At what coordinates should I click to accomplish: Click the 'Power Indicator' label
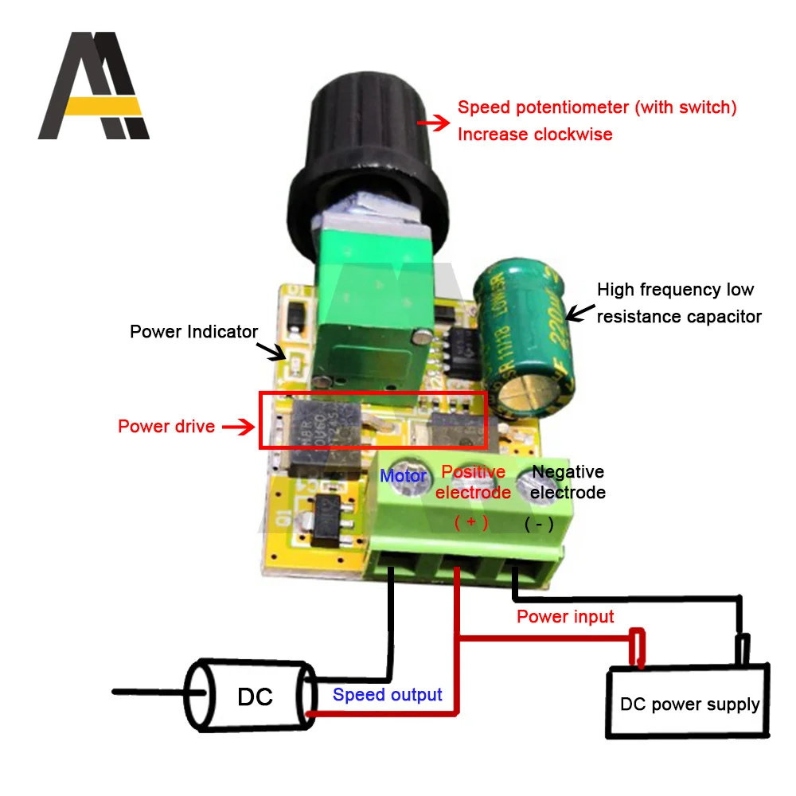pyautogui.click(x=193, y=331)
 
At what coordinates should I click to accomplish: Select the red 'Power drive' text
pyautogui.click(x=166, y=427)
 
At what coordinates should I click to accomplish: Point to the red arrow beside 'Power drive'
pyautogui.click(x=237, y=427)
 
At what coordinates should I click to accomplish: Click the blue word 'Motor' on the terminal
pyautogui.click(x=404, y=477)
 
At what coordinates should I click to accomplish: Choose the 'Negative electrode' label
pyautogui.click(x=568, y=482)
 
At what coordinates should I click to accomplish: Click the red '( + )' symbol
pyautogui.click(x=471, y=522)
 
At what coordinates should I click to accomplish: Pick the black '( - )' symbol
pyautogui.click(x=539, y=525)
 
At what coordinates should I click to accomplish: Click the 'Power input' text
pyautogui.click(x=565, y=617)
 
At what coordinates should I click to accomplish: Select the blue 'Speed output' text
pyautogui.click(x=387, y=695)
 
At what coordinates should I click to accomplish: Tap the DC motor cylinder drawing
pyautogui.click(x=250, y=696)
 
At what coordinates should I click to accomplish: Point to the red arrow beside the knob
pyautogui.click(x=433, y=123)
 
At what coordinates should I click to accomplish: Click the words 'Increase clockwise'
pyautogui.click(x=535, y=135)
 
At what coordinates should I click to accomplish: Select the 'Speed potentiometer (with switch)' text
pyautogui.click(x=597, y=107)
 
